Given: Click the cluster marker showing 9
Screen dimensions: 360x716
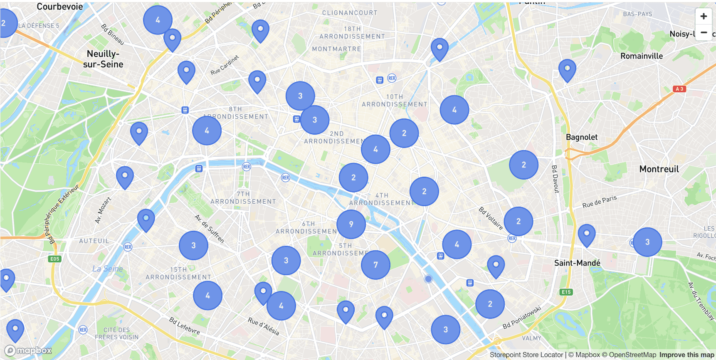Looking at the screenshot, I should pos(351,224).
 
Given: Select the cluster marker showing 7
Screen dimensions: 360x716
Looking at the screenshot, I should pos(375,265).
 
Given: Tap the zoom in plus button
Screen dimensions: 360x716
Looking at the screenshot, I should pos(704,16).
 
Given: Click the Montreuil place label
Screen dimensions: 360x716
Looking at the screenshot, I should pos(659,169).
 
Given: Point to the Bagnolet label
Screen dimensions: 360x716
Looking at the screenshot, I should pos(581,137).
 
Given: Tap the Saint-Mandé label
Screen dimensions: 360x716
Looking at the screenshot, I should pos(577,263).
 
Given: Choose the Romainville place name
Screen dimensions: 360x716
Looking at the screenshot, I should pos(641,56).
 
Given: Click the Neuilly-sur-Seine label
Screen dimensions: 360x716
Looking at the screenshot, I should pos(103,59).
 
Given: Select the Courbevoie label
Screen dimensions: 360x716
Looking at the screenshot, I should pos(60,7).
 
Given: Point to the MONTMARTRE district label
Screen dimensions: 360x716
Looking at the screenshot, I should pos(336,49).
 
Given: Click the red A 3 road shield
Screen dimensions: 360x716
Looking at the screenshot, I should pos(679,89).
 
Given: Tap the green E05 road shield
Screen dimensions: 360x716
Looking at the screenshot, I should pos(54,259).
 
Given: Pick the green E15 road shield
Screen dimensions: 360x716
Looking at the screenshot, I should pos(566,292).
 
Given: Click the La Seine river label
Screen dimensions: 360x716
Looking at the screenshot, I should pos(107,269).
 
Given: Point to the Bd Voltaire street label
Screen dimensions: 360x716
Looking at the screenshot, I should pos(491,218).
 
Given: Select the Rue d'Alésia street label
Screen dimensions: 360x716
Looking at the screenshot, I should pos(263,326).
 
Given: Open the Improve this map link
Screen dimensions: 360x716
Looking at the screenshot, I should pos(686,355).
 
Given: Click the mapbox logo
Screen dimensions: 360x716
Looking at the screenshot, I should pos(28,351).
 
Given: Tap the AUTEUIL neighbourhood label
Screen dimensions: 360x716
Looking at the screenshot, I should pos(94,241).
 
